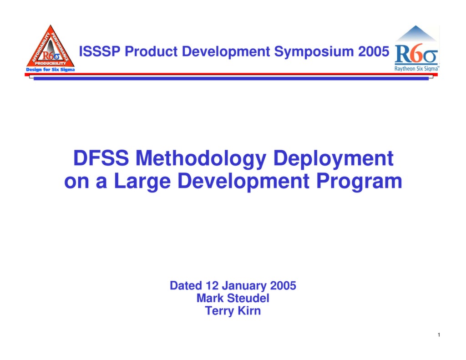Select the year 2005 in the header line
point(374,51)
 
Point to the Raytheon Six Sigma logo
point(416,49)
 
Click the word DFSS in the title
point(101,159)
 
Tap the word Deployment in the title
point(333,159)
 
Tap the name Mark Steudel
point(233,299)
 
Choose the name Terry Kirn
point(233,311)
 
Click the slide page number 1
point(438,336)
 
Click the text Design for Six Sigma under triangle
point(50,70)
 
